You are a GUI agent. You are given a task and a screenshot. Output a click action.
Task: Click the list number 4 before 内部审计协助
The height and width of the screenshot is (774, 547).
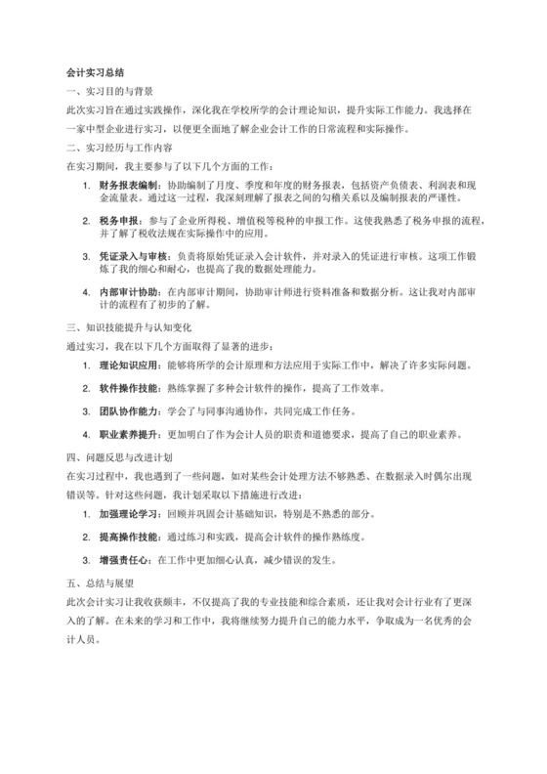coord(88,294)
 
